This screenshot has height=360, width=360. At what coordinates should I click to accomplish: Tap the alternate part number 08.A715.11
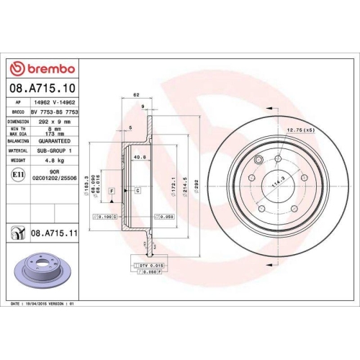pyautogui.click(x=55, y=233)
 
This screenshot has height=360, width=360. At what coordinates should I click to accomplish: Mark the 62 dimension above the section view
pyautogui.click(x=135, y=95)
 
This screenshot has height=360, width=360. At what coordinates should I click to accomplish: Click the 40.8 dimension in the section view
pyautogui.click(x=141, y=156)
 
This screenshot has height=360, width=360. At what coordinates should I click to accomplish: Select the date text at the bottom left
pyautogui.click(x=43, y=305)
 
